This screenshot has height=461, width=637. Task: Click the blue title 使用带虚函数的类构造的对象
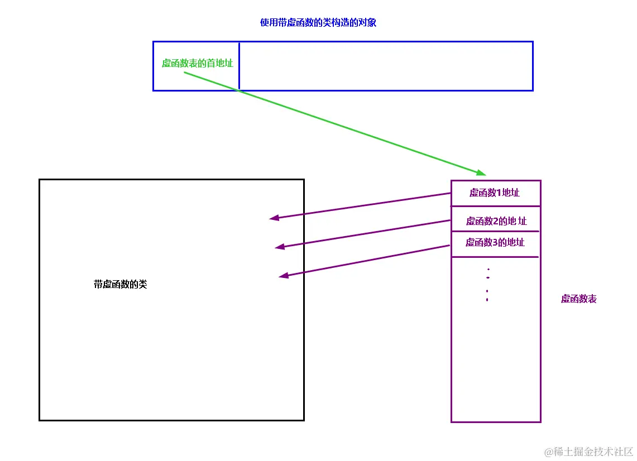pyautogui.click(x=318, y=23)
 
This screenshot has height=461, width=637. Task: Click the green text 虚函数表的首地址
pyautogui.click(x=197, y=63)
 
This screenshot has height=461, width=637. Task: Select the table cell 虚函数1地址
pyautogui.click(x=495, y=193)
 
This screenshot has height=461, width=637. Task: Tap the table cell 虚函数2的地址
pyautogui.click(x=496, y=221)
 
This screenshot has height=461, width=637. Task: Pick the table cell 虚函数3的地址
pyautogui.click(x=495, y=243)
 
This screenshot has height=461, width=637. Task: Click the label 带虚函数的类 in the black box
pyautogui.click(x=121, y=284)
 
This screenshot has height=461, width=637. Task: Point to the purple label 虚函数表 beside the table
pyautogui.click(x=579, y=299)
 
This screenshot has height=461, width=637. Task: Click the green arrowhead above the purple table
pyautogui.click(x=481, y=172)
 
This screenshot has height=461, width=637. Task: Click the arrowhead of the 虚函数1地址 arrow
pyautogui.click(x=274, y=218)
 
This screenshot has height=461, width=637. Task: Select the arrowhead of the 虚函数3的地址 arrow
pyautogui.click(x=284, y=275)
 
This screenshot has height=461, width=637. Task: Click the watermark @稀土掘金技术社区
pyautogui.click(x=589, y=451)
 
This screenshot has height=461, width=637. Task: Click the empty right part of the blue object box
pyautogui.click(x=385, y=66)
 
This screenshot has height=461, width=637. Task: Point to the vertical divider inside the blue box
pyautogui.click(x=240, y=66)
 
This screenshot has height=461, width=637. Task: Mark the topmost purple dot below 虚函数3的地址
pyautogui.click(x=488, y=270)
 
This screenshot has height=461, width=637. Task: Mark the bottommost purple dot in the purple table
pyautogui.click(x=487, y=300)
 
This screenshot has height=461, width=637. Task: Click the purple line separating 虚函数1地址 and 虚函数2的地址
pyautogui.click(x=495, y=207)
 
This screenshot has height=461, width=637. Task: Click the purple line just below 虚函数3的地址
pyautogui.click(x=495, y=257)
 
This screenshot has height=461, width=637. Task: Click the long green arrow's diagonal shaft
pyautogui.click(x=335, y=123)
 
